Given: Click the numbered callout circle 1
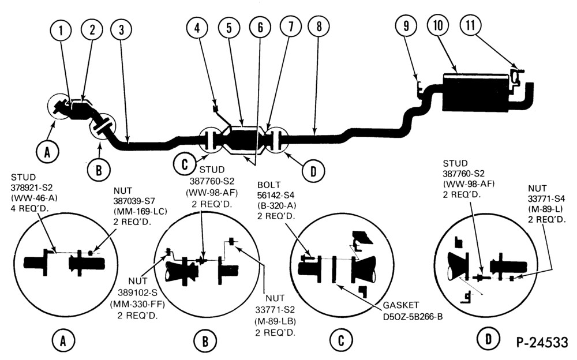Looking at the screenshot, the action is [61, 31].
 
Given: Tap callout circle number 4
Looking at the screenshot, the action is [197, 27].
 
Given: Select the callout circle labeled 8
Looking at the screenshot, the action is [319, 27].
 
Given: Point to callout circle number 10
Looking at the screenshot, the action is [439, 25].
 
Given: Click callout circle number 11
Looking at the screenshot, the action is [471, 25].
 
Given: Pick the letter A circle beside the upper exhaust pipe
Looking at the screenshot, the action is [47, 152].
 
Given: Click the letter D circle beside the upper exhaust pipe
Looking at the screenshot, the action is [313, 171].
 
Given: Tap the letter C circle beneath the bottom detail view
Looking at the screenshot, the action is [341, 341].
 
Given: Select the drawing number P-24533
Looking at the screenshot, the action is [542, 342].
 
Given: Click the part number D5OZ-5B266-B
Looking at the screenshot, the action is [413, 316].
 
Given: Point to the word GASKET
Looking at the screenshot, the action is [401, 305].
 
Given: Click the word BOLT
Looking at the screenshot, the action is [269, 185].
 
